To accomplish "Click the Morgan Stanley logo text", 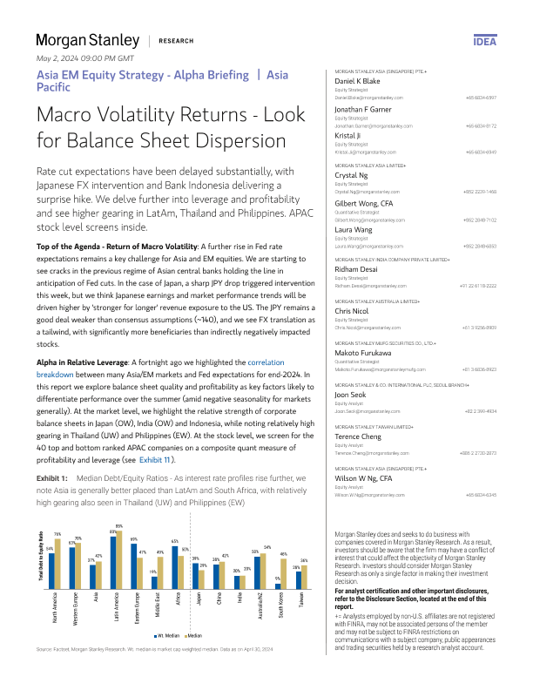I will click(x=87, y=40).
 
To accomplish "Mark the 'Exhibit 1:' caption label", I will click(x=51, y=478).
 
